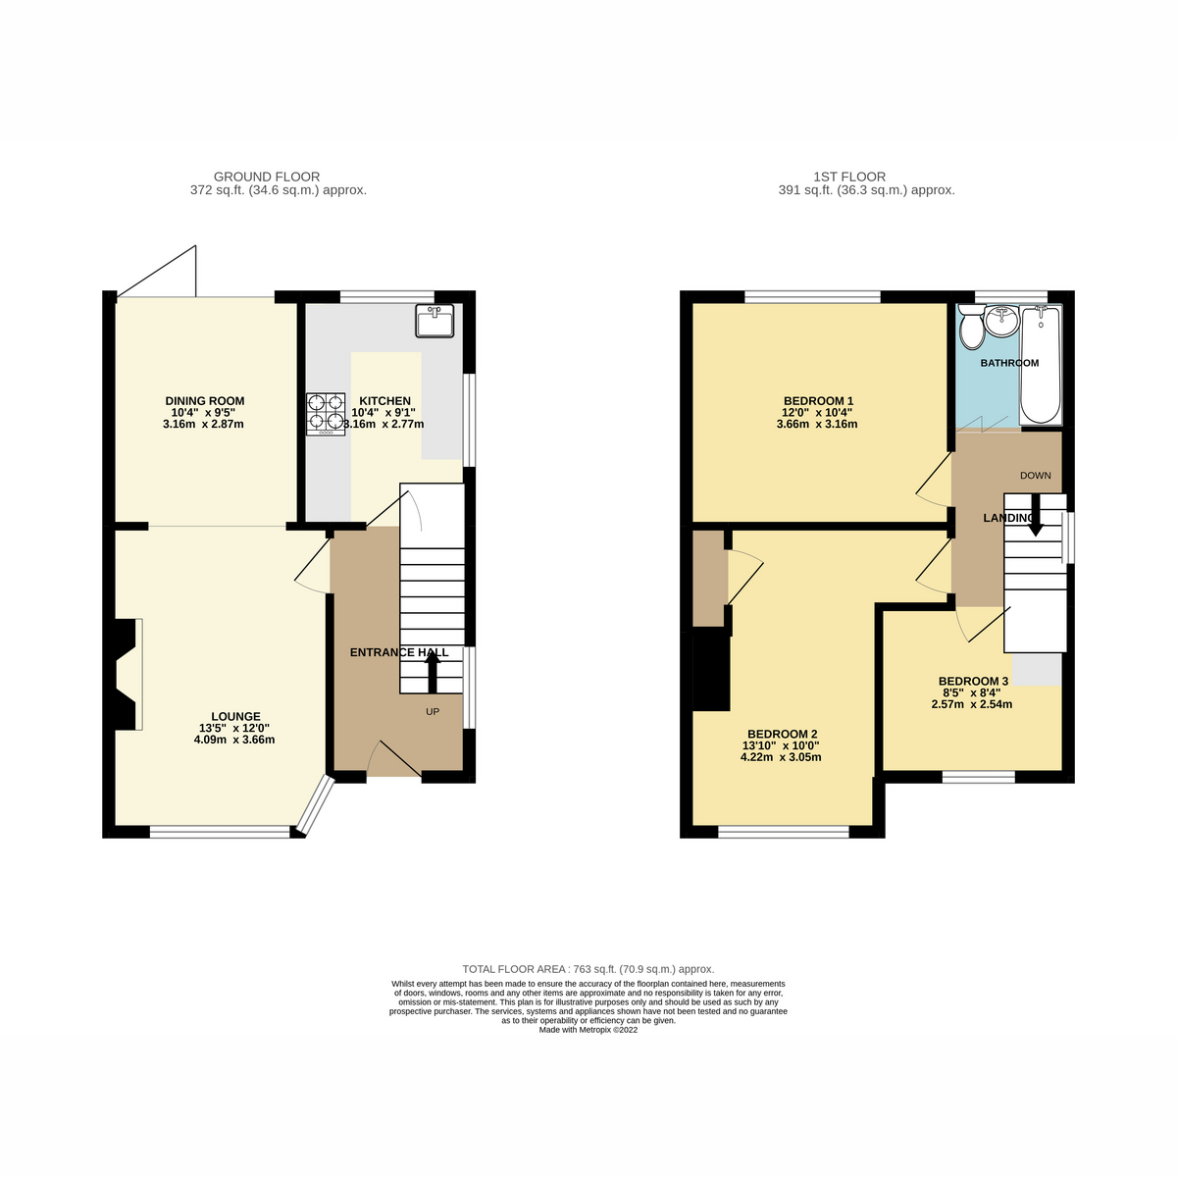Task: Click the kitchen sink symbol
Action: click(435, 321)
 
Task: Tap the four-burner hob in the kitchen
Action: click(326, 413)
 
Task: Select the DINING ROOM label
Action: click(204, 400)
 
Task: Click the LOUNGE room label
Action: click(235, 716)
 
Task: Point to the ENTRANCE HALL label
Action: click(399, 652)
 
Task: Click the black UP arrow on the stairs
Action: click(432, 673)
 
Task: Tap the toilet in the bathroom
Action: click(972, 329)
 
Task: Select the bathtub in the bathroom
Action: click(1040, 363)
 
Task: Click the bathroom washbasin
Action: click(1001, 321)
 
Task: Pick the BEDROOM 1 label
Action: click(818, 400)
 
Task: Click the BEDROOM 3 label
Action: click(973, 681)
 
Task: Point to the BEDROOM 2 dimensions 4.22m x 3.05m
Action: click(782, 757)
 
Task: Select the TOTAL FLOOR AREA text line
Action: click(588, 968)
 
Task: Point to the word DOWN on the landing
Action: click(1035, 476)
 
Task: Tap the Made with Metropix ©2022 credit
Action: click(588, 1030)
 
